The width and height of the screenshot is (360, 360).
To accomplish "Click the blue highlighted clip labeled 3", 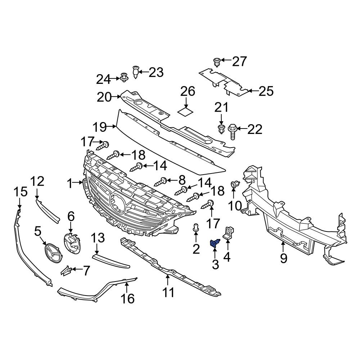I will [x=215, y=244].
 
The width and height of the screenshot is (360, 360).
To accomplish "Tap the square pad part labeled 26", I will [x=186, y=112].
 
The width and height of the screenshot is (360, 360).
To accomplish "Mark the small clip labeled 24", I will [x=124, y=77].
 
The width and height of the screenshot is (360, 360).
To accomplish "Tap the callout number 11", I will [x=168, y=292].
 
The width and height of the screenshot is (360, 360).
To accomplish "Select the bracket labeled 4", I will [x=228, y=232].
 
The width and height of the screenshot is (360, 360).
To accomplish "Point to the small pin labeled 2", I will [x=196, y=227].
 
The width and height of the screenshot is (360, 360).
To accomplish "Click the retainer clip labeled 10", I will [x=235, y=185].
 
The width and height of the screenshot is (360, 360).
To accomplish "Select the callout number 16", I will [x=128, y=298].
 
